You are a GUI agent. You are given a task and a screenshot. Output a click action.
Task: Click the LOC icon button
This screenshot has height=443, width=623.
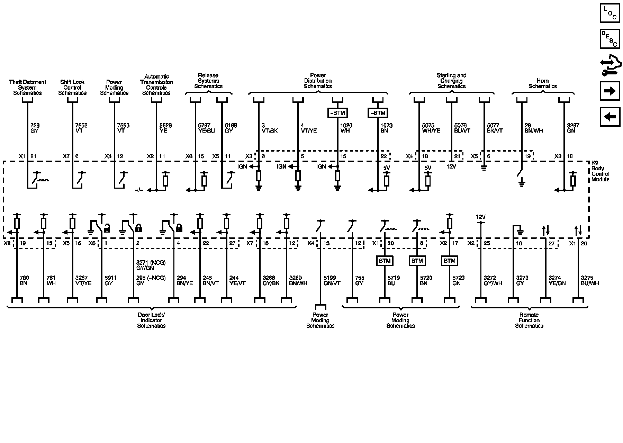tap(610, 13)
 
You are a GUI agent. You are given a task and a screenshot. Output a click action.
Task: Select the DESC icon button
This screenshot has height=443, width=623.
tap(610, 39)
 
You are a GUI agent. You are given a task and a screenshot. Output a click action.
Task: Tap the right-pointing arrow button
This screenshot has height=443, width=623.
tap(610, 91)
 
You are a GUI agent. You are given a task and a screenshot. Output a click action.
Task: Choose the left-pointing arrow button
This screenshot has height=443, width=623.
tap(610, 117)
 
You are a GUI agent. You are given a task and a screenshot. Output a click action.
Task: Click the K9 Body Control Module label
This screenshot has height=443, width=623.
tap(600, 171)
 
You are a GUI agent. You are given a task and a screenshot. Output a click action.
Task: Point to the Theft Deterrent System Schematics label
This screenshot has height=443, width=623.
tap(27, 88)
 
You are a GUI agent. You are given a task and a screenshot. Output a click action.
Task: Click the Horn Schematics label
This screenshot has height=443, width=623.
tap(542, 83)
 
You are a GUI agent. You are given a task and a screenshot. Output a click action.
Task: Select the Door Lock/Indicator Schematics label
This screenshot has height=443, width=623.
tap(151, 320)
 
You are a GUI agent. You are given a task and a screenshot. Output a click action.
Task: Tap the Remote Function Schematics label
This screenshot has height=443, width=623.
tap(529, 320)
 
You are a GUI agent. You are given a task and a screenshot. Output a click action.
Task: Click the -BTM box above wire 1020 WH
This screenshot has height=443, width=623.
tap(337, 113)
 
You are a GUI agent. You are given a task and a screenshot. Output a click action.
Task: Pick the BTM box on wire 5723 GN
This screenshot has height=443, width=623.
tap(449, 261)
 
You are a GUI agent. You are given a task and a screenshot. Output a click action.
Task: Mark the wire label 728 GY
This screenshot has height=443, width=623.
tap(35, 128)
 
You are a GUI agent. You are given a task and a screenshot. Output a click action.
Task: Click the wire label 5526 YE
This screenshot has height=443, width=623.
tap(165, 128)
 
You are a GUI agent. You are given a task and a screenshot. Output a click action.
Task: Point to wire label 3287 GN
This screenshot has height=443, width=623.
tap(573, 128)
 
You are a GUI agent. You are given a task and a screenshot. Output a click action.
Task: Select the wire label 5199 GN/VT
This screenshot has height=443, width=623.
tap(332, 280)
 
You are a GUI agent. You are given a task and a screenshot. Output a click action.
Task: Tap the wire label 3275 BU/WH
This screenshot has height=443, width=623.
tap(590, 280)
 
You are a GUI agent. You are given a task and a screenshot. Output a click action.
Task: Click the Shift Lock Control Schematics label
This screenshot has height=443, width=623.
tap(72, 88)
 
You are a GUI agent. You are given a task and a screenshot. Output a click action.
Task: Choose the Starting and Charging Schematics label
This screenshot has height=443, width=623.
tap(451, 81)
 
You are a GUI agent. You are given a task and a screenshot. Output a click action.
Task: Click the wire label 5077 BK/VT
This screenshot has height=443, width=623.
tap(495, 128)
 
